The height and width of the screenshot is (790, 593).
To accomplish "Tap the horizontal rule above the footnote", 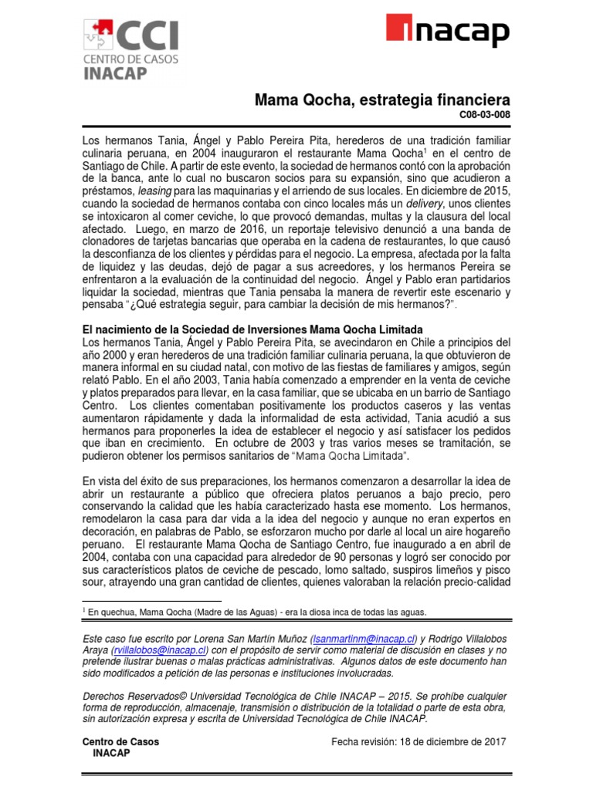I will click(x=151, y=599).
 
